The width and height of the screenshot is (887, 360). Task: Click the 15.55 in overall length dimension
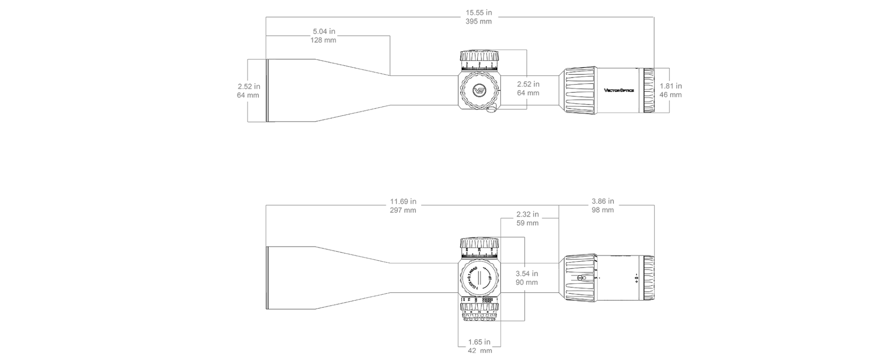[x=478, y=13]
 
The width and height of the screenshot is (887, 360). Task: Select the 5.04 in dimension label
[x=324, y=31]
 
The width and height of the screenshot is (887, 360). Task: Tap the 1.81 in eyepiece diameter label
[x=670, y=86]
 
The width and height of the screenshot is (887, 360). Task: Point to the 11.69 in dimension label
[x=403, y=201]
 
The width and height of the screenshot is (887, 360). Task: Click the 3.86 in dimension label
[x=603, y=201]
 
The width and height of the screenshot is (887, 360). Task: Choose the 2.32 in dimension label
[x=527, y=214]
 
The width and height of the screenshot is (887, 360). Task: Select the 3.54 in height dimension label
[x=527, y=274]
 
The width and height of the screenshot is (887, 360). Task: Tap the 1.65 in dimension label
[x=479, y=342]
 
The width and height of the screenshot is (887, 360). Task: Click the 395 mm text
[x=478, y=22]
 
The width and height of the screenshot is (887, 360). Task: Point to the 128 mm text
[x=324, y=40]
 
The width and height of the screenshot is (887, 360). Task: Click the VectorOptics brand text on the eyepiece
[x=619, y=90]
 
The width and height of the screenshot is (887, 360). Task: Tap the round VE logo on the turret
[x=480, y=91]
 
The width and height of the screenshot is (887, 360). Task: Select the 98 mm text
[x=603, y=210]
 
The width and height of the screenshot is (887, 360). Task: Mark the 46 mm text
[x=670, y=95]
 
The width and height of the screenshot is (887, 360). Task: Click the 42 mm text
[x=480, y=351]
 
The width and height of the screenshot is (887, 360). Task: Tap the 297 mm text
[x=403, y=210]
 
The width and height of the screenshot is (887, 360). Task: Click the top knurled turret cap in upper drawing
[x=479, y=56]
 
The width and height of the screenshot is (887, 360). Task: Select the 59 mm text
[x=527, y=223]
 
